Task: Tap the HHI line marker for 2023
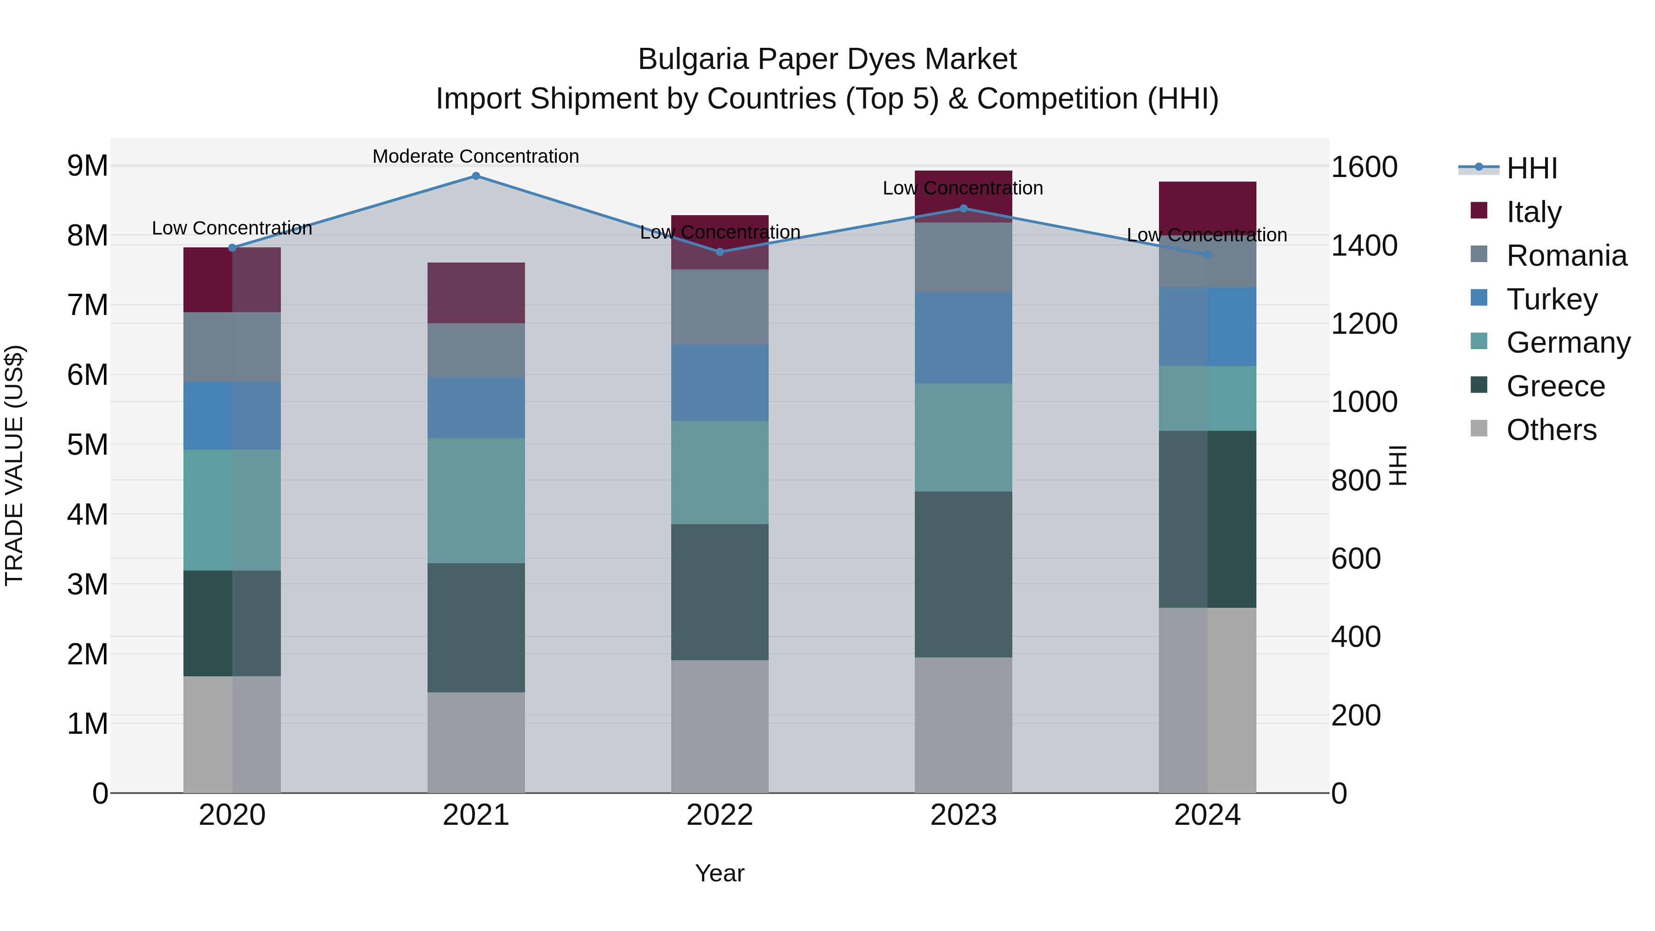point(963,209)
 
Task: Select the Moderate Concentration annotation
point(475,156)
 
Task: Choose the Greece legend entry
point(1555,386)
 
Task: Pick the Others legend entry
point(1551,430)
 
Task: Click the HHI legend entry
point(1532,168)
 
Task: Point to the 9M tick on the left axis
point(88,166)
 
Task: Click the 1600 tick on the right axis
point(1364,167)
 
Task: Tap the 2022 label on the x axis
point(719,815)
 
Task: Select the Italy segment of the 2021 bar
point(476,293)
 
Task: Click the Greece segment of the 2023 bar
point(963,574)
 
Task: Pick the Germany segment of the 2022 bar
point(719,473)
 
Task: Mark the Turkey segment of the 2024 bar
point(1207,327)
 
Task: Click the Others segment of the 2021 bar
point(476,743)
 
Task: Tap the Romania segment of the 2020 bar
point(232,347)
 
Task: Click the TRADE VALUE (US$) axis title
point(15,465)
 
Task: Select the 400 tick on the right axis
point(1356,637)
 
